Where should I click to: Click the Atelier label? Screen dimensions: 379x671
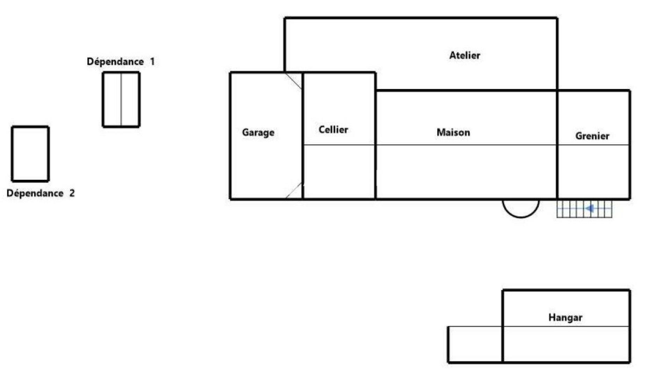464,55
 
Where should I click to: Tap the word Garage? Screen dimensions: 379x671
258,132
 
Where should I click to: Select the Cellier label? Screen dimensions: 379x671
333,130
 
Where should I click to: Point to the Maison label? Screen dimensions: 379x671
453,132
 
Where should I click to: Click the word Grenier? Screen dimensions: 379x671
592,136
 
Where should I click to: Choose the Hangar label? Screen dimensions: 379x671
565,318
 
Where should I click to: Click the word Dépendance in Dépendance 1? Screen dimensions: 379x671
115,62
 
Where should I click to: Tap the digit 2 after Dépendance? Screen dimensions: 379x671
72,193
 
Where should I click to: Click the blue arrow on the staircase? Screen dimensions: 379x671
590,209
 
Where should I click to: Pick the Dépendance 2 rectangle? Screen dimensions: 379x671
30,154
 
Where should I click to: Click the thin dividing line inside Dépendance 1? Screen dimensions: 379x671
121,100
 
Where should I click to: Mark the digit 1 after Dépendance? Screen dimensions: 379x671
152,62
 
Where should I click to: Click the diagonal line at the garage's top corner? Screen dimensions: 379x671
294,81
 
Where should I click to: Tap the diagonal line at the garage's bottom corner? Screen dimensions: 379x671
294,190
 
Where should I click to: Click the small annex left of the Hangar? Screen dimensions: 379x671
475,344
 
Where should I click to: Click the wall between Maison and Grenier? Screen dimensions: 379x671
557,145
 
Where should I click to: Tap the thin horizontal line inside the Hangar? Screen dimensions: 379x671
566,327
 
